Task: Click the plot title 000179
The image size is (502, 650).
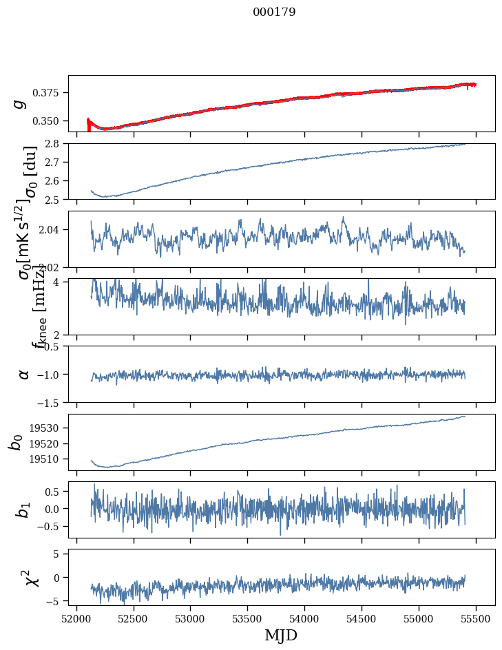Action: (x=274, y=12)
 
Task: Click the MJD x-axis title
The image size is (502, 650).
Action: (x=281, y=635)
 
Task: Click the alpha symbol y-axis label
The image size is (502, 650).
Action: (x=23, y=374)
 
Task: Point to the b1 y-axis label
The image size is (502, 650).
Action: (x=23, y=510)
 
